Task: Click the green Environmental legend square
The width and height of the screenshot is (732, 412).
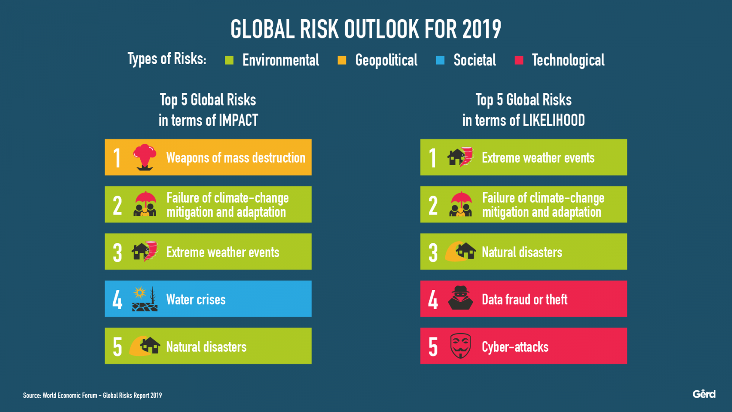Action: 229,60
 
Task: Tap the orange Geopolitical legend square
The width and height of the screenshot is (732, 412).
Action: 342,60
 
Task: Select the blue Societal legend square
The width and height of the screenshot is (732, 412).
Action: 440,60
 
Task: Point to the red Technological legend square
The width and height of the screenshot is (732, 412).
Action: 519,60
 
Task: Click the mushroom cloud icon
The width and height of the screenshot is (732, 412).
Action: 145,157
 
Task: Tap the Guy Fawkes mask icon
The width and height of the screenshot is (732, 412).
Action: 461,346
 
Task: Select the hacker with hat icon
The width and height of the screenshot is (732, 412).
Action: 461,298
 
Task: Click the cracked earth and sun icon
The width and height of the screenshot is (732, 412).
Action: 145,299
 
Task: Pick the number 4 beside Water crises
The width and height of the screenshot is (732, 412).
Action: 117,300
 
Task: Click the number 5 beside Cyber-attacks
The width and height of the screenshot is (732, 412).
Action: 433,347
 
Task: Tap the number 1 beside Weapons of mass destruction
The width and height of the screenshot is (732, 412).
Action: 117,158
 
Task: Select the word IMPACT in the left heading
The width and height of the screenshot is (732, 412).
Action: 238,120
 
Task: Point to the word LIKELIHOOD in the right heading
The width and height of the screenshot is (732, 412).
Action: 553,120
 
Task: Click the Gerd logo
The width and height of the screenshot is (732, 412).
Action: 704,394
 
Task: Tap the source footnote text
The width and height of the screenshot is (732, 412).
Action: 92,395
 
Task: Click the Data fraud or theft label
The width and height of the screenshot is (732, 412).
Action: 525,300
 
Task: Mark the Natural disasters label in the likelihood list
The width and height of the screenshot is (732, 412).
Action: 522,252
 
